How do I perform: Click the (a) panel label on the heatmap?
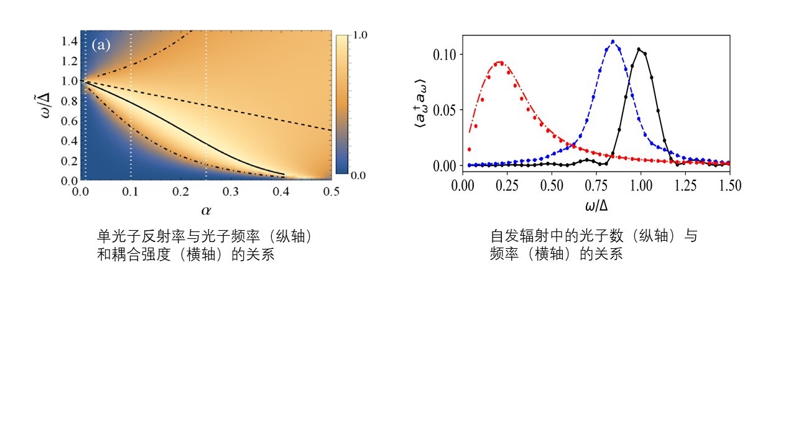(101, 45)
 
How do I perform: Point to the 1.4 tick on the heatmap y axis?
(69, 40)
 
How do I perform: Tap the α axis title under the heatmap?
(205, 210)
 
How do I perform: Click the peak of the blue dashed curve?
(613, 42)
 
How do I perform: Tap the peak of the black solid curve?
(639, 49)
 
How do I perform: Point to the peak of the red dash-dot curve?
(499, 62)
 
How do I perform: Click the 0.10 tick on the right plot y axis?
(444, 55)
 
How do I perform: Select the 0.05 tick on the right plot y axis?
(444, 110)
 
